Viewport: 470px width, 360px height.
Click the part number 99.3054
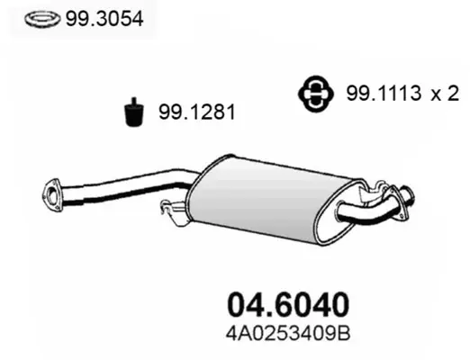(104, 20)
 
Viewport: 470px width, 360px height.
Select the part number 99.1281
(197, 112)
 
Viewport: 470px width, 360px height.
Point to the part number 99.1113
(384, 93)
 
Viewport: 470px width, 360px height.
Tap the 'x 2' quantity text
(445, 94)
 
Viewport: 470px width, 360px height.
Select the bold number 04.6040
(288, 304)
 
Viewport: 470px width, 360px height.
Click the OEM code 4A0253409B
(288, 333)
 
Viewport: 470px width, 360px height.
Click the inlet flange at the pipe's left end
(51, 194)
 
